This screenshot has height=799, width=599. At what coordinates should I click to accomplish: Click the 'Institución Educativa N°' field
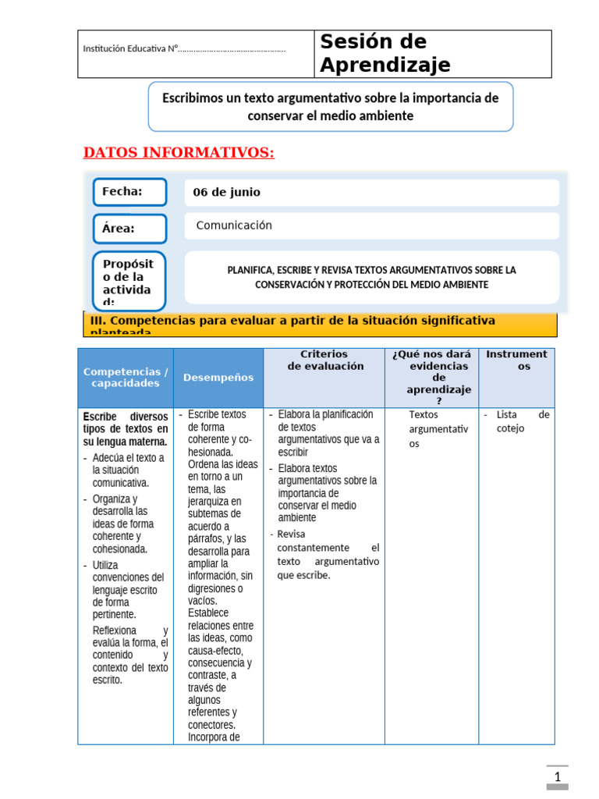[x=184, y=50]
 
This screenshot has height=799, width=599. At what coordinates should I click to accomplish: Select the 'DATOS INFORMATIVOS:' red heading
[x=179, y=152]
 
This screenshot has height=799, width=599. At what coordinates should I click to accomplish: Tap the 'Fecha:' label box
[x=129, y=192]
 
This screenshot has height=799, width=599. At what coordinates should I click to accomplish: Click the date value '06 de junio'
[x=227, y=193]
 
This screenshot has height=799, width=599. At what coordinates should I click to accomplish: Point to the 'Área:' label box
[x=129, y=229]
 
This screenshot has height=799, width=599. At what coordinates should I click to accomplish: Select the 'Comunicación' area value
[x=234, y=225]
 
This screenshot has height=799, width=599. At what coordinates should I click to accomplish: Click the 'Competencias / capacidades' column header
[x=126, y=378]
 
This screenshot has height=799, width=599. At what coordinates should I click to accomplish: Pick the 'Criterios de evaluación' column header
[x=324, y=360]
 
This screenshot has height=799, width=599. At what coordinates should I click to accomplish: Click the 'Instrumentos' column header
[x=516, y=360]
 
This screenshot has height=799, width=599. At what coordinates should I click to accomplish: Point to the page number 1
[x=558, y=777]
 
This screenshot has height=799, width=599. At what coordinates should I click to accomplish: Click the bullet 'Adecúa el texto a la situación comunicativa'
[x=127, y=470]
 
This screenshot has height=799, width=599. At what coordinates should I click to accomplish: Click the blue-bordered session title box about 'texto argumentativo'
[x=330, y=107]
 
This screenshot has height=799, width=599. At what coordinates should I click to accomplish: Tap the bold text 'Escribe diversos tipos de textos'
[x=126, y=429]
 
